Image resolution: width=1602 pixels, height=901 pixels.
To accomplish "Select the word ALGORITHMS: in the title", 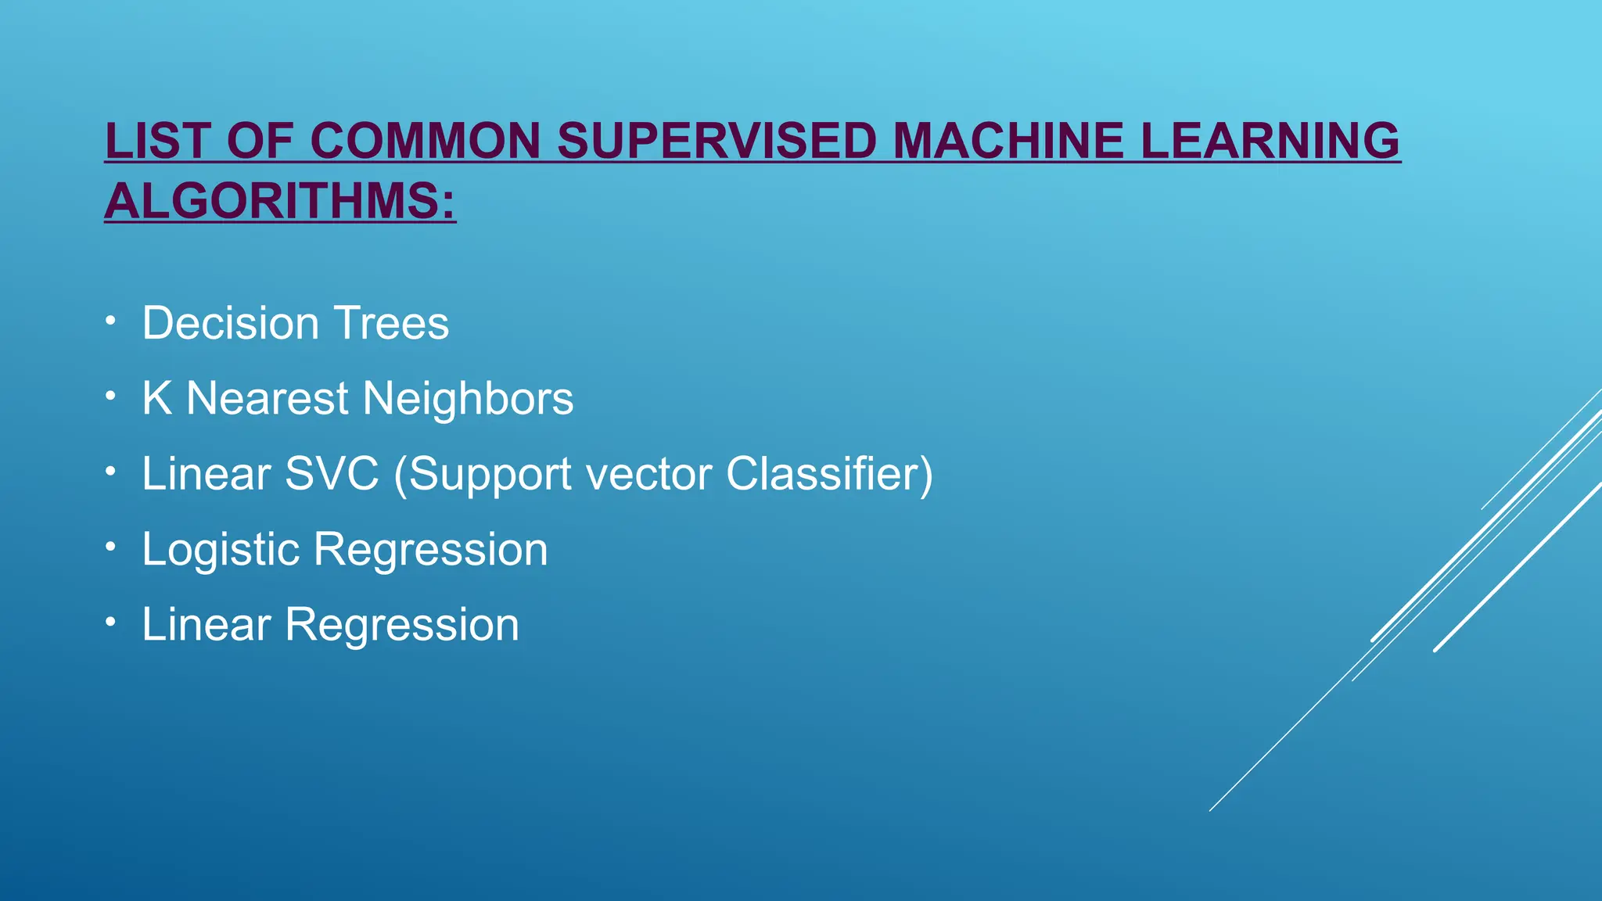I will (280, 201).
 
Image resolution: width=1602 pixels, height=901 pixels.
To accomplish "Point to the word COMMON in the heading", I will (425, 141).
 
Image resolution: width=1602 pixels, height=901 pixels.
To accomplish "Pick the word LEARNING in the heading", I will (1270, 141).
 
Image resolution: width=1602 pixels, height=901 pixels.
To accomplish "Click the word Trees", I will (391, 323).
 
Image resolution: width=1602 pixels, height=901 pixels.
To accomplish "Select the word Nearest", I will (268, 398).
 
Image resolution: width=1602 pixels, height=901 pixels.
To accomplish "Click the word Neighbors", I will (468, 398).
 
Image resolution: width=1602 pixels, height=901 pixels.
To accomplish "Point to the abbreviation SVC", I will (332, 473).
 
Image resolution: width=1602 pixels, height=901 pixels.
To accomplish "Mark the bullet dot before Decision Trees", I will (111, 320).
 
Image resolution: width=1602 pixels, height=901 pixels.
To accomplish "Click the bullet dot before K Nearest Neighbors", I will (111, 395).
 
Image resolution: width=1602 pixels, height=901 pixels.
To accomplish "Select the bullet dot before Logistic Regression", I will (111, 546).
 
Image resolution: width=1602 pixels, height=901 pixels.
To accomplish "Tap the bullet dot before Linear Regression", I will (111, 621).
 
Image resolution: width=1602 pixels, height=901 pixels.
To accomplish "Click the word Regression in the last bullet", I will (401, 624).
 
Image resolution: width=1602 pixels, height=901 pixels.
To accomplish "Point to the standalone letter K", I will (156, 398).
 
